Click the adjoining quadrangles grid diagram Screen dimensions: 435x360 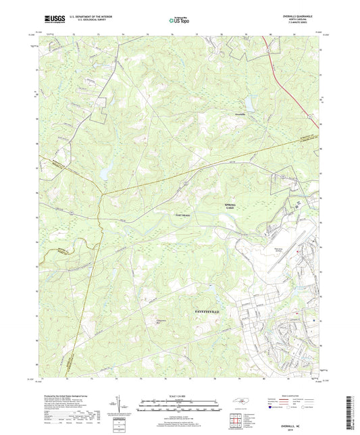(x=235, y=420)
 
